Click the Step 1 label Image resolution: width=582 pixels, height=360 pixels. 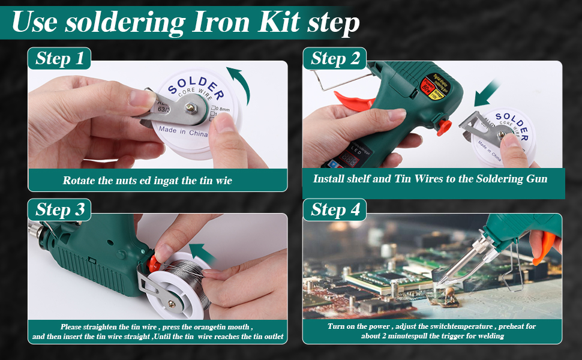pyautogui.click(x=59, y=58)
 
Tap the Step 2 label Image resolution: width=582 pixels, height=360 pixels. pyautogui.click(x=335, y=58)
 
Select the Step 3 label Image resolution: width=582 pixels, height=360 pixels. pyautogui.click(x=59, y=209)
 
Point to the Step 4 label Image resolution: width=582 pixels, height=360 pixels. pyautogui.click(x=335, y=209)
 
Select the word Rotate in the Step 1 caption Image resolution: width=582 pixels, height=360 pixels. pyautogui.click(x=79, y=180)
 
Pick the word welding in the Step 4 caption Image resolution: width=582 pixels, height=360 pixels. pyautogui.click(x=487, y=336)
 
